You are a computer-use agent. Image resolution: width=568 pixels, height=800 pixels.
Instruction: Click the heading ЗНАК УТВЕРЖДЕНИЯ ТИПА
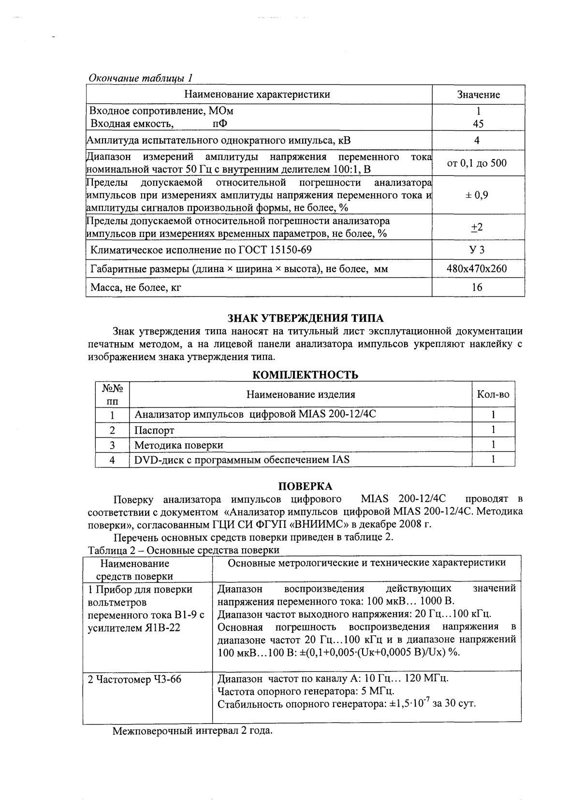(306, 318)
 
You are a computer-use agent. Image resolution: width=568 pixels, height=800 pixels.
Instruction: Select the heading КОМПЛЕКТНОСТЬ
(306, 375)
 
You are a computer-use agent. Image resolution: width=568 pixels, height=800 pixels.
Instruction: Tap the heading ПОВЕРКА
(305, 486)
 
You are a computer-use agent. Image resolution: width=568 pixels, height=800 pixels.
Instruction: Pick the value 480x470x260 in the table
(478, 268)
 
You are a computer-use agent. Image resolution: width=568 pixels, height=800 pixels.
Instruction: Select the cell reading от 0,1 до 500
(477, 163)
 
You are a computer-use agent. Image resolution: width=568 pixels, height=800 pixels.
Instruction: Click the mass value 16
(477, 287)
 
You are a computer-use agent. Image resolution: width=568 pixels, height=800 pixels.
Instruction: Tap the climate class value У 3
(478, 249)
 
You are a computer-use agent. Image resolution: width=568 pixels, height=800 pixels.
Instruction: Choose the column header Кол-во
(493, 394)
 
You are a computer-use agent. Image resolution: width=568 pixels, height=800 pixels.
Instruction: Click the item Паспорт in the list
(154, 430)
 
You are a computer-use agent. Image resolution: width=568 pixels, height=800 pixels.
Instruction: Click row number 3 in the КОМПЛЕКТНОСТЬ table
(112, 445)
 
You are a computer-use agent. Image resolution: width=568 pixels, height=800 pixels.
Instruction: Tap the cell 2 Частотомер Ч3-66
(135, 679)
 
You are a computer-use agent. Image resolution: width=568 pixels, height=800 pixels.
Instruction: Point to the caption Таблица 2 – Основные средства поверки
(184, 550)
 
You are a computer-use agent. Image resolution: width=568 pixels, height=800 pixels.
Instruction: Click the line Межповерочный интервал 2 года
(193, 731)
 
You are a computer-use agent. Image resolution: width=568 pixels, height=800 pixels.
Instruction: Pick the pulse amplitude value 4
(477, 141)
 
